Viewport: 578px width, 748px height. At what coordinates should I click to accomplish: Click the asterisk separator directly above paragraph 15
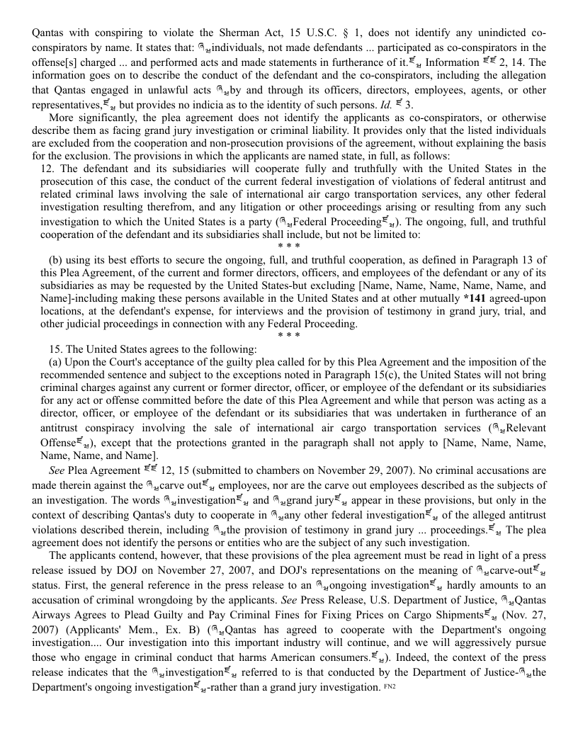click(289, 336)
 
